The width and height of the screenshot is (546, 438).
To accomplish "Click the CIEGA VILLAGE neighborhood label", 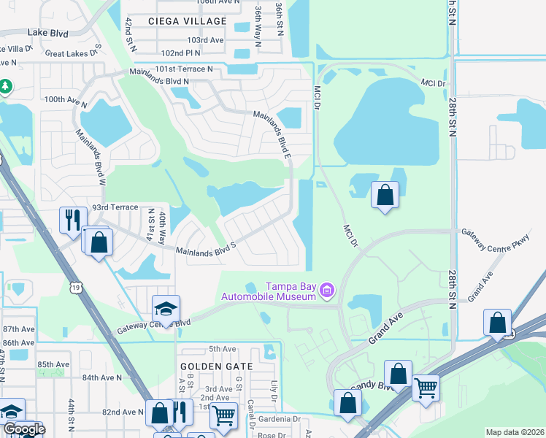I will coord(180,22).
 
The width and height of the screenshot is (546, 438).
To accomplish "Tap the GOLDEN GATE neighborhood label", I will coord(217,366).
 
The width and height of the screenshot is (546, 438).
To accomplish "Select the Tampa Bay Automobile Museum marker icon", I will coord(327,292).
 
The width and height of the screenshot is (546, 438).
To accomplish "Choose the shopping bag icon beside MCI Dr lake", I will coord(385,195).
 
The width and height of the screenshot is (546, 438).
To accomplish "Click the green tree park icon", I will coord(6,87).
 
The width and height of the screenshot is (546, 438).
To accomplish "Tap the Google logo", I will coord(23,429).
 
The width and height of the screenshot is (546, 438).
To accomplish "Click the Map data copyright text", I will coord(514,432).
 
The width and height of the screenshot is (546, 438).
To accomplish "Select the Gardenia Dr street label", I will coord(276,419).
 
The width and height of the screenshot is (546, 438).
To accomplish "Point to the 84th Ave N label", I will coord(102,377).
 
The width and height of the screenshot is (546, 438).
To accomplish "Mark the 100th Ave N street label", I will coord(64,99).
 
